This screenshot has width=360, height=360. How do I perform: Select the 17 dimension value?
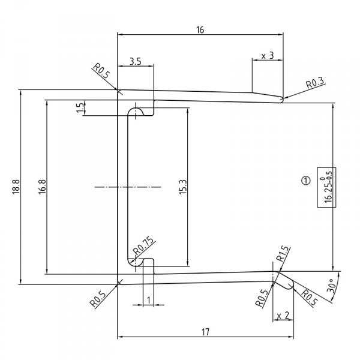point(205,331)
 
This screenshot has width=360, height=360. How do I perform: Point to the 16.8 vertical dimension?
point(41,187)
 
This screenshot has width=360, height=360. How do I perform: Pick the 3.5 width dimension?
point(135,62)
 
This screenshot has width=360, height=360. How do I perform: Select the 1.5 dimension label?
point(80,108)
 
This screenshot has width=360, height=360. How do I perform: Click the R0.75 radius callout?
point(144,245)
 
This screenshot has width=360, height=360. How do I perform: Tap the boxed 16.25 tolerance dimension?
point(328,188)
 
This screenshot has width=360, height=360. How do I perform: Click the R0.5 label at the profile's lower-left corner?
point(100,298)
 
